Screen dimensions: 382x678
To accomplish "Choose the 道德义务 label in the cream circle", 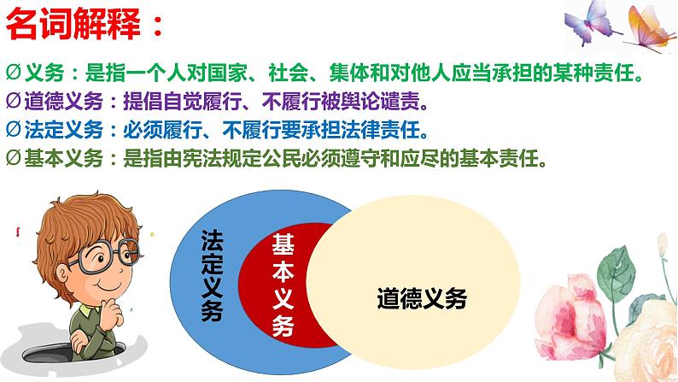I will (x=422, y=299).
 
